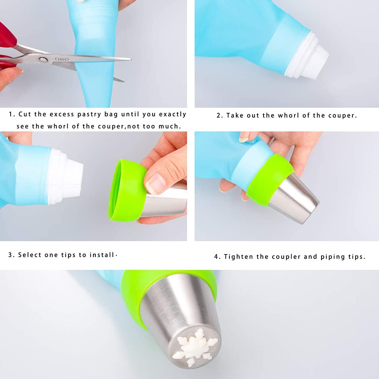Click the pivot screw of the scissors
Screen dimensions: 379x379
coord(43,60)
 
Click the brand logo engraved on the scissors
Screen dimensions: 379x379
coord(62,59)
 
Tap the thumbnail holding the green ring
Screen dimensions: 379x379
coord(155,184)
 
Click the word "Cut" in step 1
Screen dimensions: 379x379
coord(25,114)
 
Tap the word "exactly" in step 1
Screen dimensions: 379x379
coord(173,115)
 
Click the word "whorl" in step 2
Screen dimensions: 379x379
coord(288,115)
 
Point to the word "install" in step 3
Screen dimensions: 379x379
coord(102,255)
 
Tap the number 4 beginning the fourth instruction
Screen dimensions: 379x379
coord(216,257)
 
